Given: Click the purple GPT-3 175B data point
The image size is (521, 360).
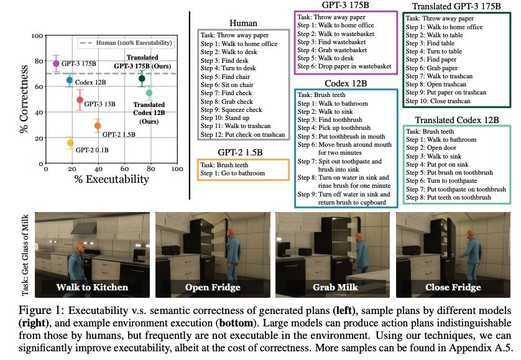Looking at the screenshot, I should click(57, 63).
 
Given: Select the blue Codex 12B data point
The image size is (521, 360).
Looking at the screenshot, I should click(70, 80).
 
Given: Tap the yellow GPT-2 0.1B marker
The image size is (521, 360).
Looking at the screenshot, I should click(70, 143).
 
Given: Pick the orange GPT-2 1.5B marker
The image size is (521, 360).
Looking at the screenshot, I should click(98, 126).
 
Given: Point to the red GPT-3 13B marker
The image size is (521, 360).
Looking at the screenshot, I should click(80, 99).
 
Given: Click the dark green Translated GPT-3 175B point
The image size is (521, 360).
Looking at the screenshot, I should click(142, 78).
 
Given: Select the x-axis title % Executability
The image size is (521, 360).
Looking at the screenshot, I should click(111, 179).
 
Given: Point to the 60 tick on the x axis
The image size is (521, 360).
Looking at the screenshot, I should click(124, 169).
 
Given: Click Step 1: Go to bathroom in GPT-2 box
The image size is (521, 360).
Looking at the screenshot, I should click(233, 173).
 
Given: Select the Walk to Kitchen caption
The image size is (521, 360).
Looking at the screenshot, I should click(92, 287).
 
